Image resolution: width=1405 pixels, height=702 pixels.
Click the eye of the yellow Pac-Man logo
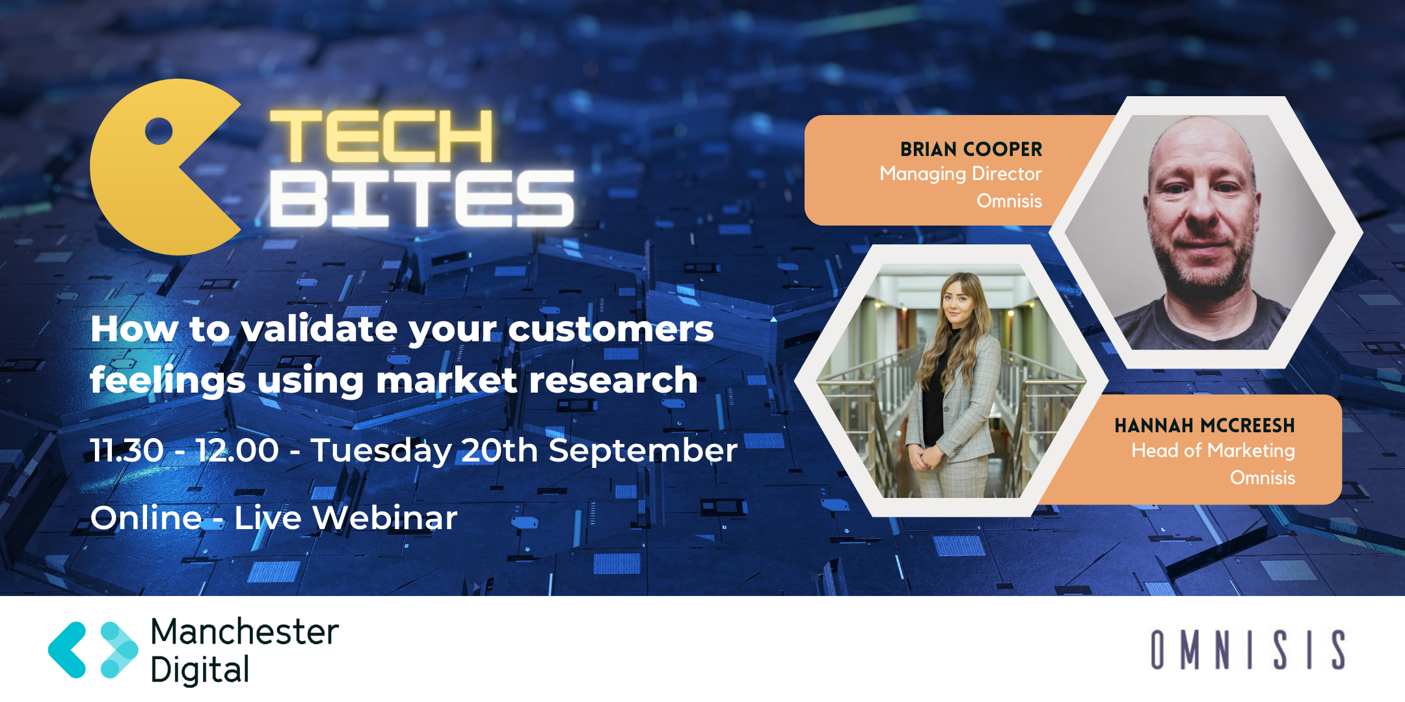click(x=159, y=132)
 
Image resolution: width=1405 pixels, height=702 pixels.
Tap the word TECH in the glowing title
click(x=382, y=136)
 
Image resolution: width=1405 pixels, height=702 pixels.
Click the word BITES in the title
click(x=422, y=198)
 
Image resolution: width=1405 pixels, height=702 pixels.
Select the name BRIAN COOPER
click(x=971, y=149)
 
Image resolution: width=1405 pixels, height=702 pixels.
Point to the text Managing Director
click(x=961, y=174)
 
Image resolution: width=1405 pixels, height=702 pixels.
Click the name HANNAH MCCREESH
click(x=1205, y=426)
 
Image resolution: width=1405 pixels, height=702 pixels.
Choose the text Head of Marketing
click(x=1213, y=450)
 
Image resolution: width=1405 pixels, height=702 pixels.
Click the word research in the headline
click(x=613, y=380)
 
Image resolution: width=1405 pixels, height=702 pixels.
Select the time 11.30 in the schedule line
click(x=127, y=450)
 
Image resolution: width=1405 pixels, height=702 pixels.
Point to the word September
click(x=643, y=451)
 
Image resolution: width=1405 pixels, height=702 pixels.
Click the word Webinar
click(x=385, y=518)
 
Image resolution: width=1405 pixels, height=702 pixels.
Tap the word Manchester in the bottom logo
click(x=245, y=632)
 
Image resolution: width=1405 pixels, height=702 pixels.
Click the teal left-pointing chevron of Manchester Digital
click(x=67, y=650)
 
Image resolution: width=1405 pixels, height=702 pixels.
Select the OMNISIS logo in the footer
click(x=1248, y=649)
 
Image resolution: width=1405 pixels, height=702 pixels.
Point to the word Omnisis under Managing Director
click(x=1010, y=201)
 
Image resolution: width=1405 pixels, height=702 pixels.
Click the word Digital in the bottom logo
click(x=200, y=670)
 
